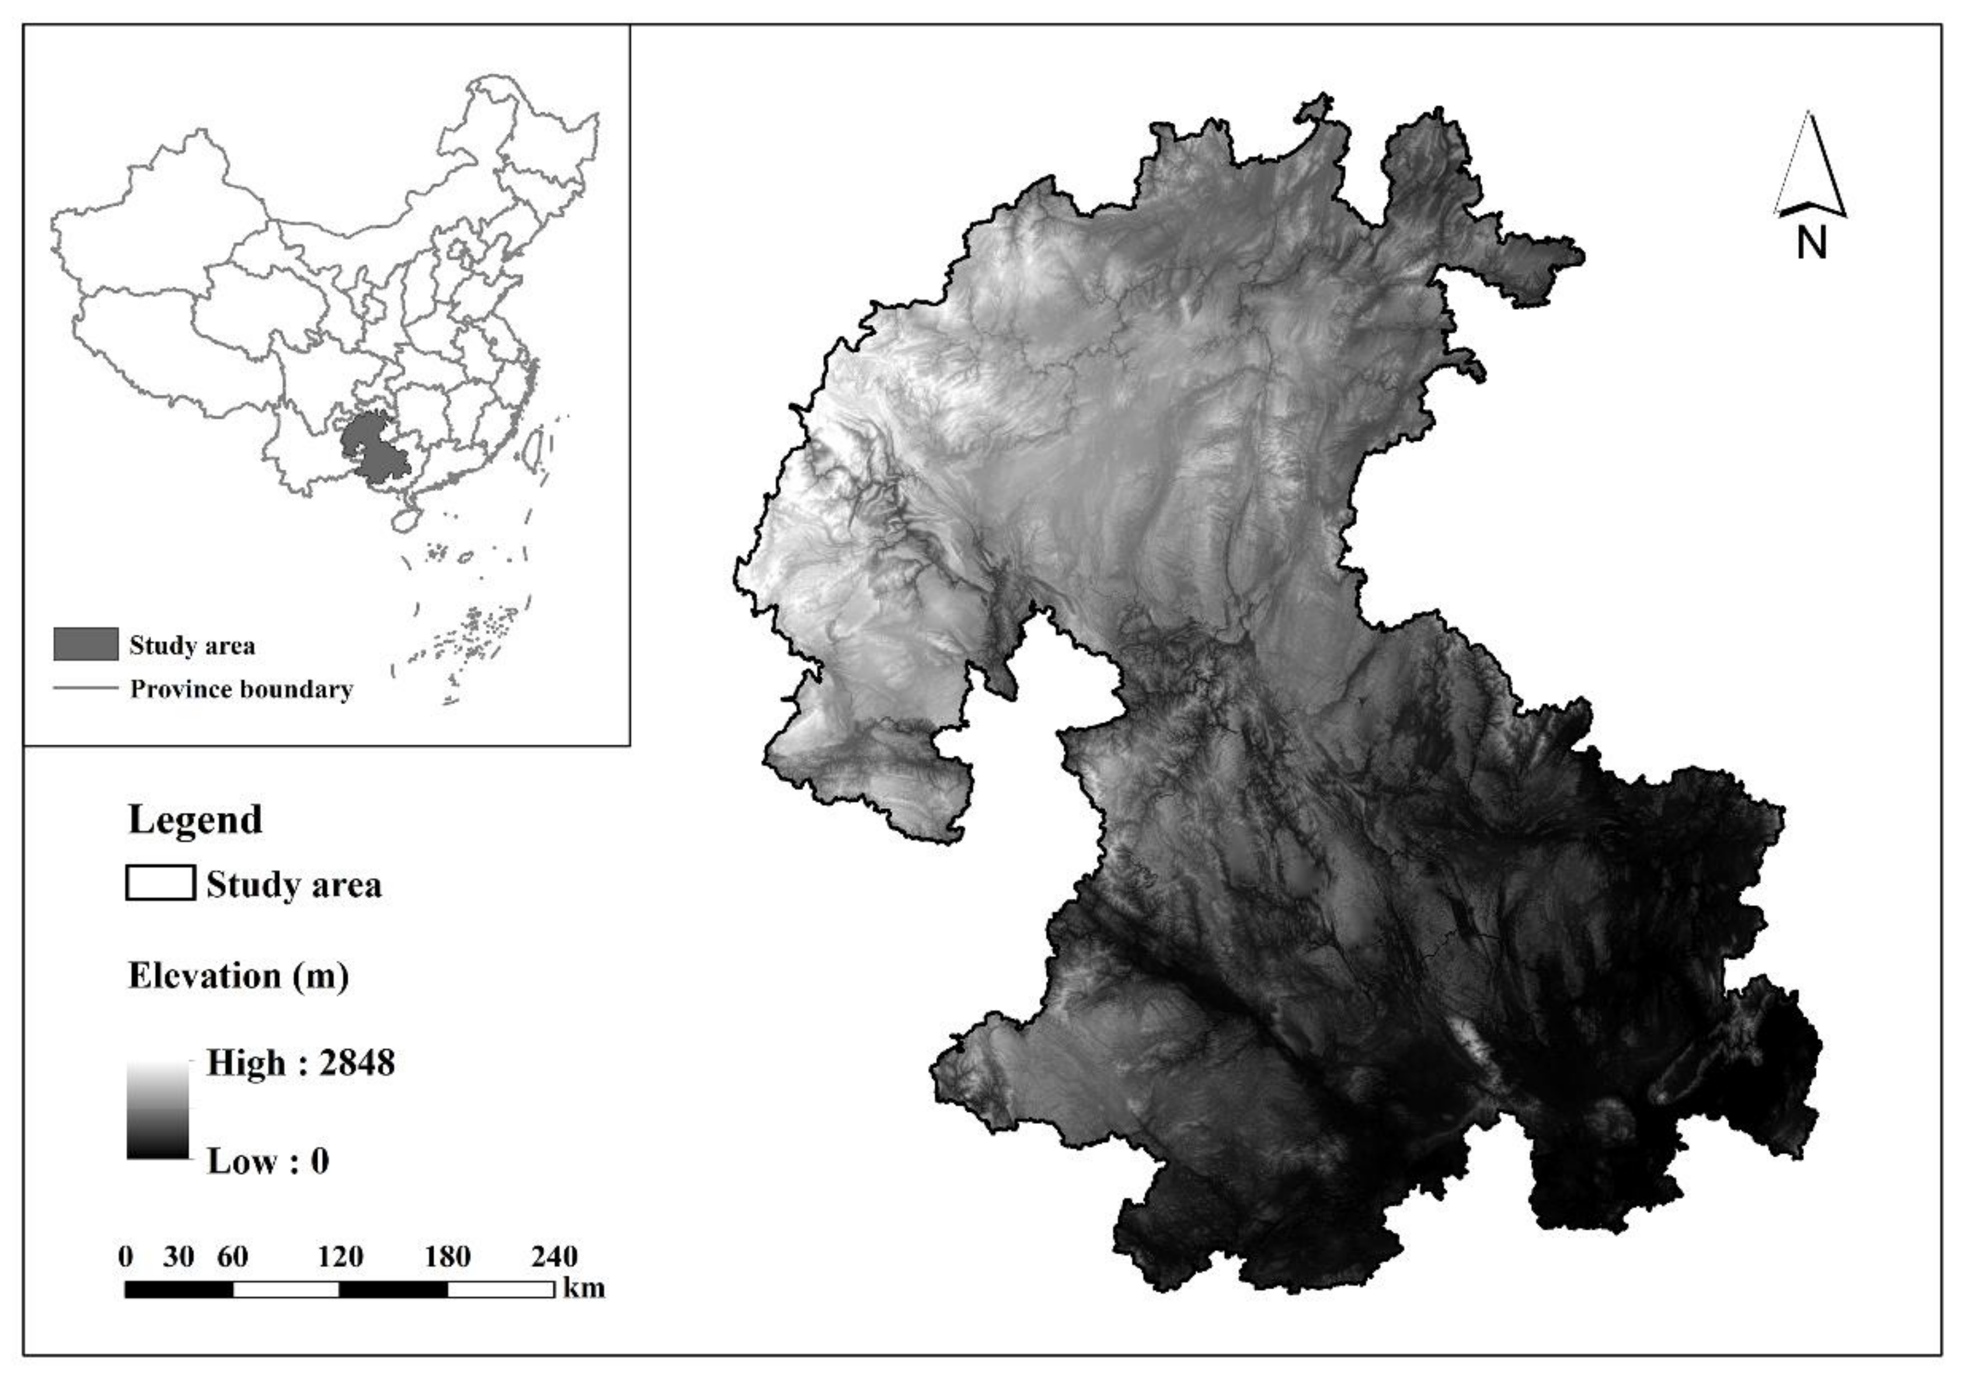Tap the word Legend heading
click(x=195, y=819)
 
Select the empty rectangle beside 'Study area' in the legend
click(x=160, y=883)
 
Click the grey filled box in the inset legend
click(x=86, y=644)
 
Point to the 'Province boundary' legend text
click(x=241, y=690)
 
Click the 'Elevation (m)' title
click(x=238, y=976)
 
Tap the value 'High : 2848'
click(x=300, y=1063)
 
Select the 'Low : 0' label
click(x=268, y=1161)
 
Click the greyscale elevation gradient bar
click(x=158, y=1110)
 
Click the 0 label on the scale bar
click(x=126, y=1257)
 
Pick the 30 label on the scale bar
click(x=179, y=1257)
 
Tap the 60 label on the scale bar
click(x=232, y=1257)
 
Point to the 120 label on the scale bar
click(x=340, y=1257)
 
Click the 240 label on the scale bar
click(x=554, y=1257)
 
